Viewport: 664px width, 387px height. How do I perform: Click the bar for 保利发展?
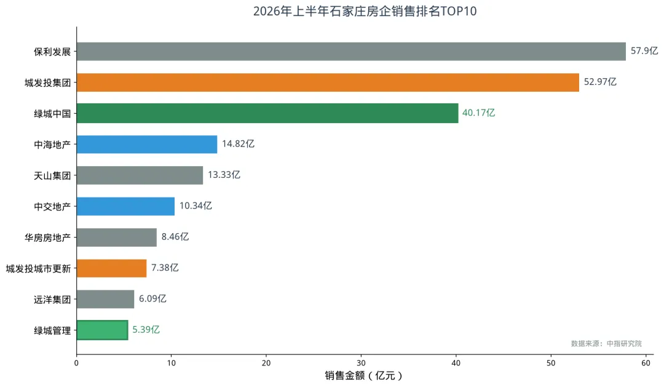click(x=351, y=51)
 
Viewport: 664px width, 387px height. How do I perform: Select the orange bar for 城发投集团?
click(x=328, y=82)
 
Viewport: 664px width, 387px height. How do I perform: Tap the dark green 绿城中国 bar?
click(x=267, y=113)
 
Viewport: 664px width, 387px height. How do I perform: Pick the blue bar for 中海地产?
click(x=147, y=144)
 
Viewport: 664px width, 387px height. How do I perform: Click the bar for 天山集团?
click(x=140, y=175)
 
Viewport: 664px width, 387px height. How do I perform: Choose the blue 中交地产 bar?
click(x=125, y=206)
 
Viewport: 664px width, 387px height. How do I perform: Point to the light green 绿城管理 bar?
click(x=102, y=330)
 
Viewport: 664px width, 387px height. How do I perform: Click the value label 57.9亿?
click(x=644, y=51)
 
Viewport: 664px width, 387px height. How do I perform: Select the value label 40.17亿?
click(x=478, y=113)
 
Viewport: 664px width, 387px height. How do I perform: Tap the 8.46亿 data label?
click(x=175, y=236)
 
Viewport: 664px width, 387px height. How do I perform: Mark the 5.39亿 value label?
click(x=146, y=329)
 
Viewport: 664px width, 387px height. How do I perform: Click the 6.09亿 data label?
click(x=152, y=298)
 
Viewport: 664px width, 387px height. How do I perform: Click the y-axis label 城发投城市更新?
click(x=38, y=269)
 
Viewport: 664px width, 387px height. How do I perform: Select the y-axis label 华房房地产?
click(x=47, y=237)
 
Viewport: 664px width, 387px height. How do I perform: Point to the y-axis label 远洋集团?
click(x=52, y=300)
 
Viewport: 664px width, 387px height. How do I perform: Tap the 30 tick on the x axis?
click(x=361, y=363)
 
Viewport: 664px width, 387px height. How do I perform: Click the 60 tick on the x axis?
click(x=646, y=363)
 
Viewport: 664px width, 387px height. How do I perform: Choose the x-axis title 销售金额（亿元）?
click(x=363, y=375)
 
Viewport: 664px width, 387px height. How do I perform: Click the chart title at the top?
click(x=365, y=11)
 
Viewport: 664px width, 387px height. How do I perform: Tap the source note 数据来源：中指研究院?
click(x=606, y=343)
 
